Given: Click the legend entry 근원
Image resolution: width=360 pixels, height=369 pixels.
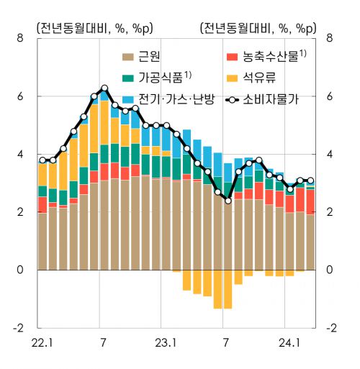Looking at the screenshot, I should pos(149,55).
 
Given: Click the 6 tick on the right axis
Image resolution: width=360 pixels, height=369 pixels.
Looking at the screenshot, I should pos(330,96).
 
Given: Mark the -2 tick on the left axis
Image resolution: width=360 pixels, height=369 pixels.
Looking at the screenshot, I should pos(18,328).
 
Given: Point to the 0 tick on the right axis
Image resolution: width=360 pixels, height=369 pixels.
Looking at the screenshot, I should pos(330,270).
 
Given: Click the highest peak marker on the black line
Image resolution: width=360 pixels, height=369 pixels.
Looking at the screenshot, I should pos(104,88).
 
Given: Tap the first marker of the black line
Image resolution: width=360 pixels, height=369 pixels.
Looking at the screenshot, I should pos(42,160).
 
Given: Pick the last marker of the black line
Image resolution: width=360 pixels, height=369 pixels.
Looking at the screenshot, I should pos(310,181).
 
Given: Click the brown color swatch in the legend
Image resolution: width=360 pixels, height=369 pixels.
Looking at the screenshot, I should pos(128,56).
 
